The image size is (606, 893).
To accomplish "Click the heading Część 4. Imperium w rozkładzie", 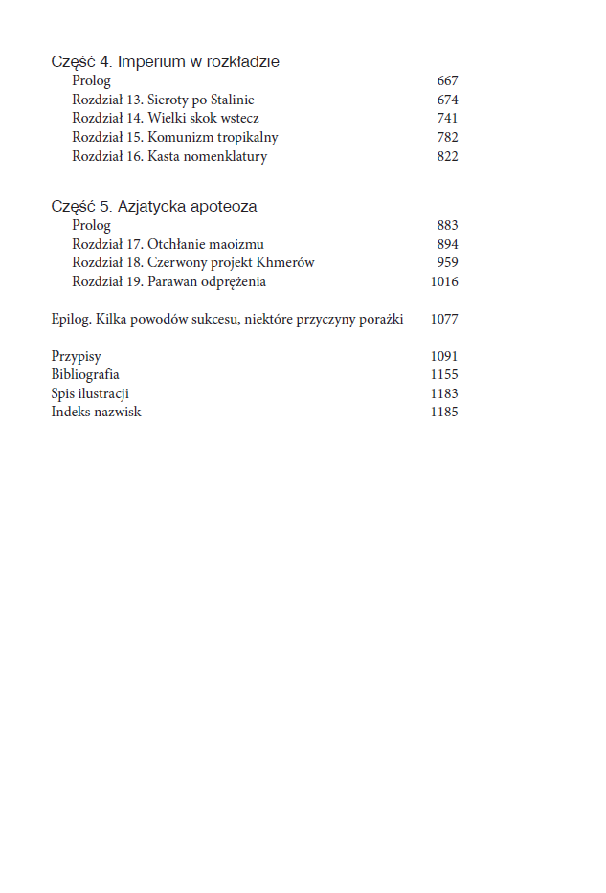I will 165,61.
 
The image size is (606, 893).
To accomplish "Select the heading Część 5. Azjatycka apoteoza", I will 153,206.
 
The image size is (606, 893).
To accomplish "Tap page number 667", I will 447,81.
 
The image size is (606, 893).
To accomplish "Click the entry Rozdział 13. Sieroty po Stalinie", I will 163,100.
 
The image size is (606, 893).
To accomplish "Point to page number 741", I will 447,119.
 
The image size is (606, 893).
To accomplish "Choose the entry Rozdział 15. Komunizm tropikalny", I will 174,138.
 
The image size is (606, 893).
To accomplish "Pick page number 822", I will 447,156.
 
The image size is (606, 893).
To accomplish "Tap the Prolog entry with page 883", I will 91,225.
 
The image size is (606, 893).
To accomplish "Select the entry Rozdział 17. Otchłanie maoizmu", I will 168,244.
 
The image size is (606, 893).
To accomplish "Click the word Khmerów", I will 286,262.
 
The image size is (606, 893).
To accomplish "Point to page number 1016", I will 444,281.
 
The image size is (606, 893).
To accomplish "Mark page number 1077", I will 444,319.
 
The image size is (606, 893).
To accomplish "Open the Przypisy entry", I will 76,356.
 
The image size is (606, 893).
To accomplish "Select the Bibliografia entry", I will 85,374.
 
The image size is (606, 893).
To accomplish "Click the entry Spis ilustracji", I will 90,393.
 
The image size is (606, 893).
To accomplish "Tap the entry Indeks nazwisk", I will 96,412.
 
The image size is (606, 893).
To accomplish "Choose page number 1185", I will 444,412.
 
